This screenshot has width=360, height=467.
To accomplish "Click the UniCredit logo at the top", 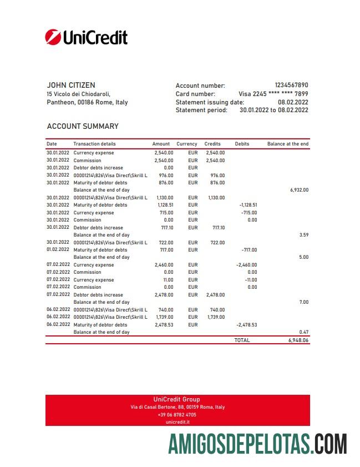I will tap(86, 37).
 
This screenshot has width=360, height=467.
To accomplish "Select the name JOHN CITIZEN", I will tap(71, 85).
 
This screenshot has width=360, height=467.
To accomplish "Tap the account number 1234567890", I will tap(291, 86).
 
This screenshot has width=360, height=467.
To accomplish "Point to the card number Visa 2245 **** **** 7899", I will tap(273, 94).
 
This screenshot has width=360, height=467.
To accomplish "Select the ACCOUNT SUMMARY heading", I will tap(83, 126).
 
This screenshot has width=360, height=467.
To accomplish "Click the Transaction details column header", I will tap(94, 144).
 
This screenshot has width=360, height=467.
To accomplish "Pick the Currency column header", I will tap(187, 144).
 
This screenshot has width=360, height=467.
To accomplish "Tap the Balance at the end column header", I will tap(287, 144).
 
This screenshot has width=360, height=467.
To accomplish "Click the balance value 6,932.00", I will tap(299, 190).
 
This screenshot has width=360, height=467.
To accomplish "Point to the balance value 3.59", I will tap(303, 235).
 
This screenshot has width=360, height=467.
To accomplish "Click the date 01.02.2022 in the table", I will tap(58, 250).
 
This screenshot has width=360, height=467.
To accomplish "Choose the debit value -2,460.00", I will tap(246, 265).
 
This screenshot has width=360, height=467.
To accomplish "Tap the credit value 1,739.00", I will tap(216, 317).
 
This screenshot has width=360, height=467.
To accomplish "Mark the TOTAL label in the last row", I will tap(242, 340).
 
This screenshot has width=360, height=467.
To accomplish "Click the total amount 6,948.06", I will tap(298, 340).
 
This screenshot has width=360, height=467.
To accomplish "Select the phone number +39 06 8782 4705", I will tap(176, 415).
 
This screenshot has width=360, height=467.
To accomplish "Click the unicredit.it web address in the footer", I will tap(176, 422).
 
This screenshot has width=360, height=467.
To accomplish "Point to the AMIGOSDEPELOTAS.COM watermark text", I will tap(258, 445).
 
